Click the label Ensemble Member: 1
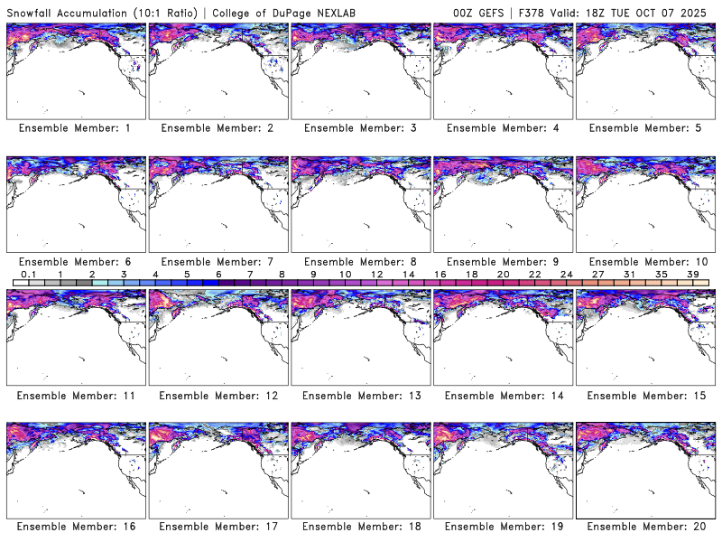pos(75,128)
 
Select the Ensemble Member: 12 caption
pos(217,396)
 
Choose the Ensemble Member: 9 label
pos(503,262)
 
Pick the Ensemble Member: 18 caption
pos(359,526)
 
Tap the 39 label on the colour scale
pos(692,274)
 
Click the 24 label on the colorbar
pos(566,274)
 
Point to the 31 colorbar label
pos(629,274)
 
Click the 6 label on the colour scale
pos(218,274)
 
